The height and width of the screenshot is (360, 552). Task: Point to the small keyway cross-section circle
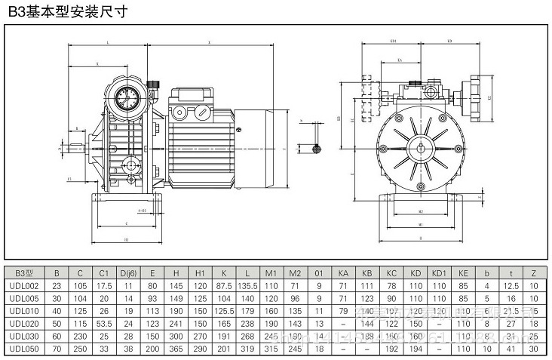pyautogui.click(x=317, y=147)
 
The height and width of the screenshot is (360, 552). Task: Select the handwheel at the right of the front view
pyautogui.click(x=477, y=96)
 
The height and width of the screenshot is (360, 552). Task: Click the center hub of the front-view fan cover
pyautogui.click(x=419, y=147)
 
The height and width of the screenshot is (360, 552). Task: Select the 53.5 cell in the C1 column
pyautogui.click(x=105, y=321)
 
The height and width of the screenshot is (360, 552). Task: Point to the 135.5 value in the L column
pyautogui.click(x=247, y=285)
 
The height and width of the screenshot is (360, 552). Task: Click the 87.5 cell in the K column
pyautogui.click(x=224, y=285)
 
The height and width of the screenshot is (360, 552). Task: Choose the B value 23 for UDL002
pyautogui.click(x=57, y=285)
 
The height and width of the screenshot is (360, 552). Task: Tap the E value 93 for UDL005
pyautogui.click(x=152, y=297)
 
